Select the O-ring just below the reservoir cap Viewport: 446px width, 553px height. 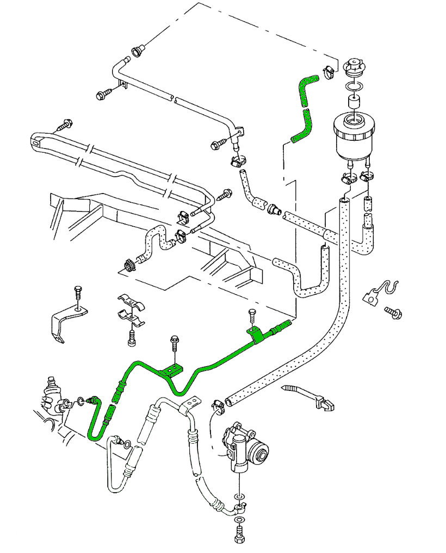(355, 87)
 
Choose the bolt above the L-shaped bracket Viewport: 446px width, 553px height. (77, 294)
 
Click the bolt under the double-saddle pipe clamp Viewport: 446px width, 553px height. (131, 337)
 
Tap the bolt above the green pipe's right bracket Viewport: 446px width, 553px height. (251, 314)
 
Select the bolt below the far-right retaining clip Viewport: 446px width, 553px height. (393, 312)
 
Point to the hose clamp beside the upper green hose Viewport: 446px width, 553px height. (328, 71)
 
